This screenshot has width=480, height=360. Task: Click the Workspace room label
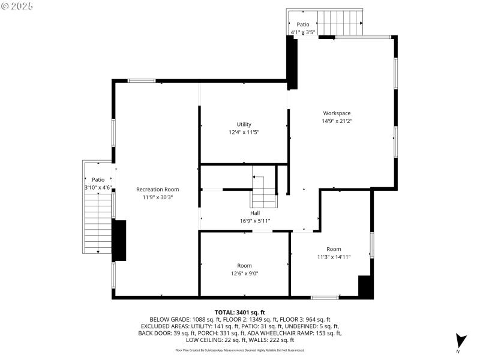point(337,113)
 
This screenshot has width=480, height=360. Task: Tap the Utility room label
point(244,124)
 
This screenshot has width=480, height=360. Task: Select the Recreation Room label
point(157,189)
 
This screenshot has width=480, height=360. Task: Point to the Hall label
point(255,213)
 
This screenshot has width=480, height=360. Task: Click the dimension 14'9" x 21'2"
point(337,121)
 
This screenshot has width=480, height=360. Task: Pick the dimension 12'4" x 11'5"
point(244,132)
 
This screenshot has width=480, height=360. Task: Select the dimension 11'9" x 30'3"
point(157,197)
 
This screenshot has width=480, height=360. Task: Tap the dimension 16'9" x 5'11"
point(255,221)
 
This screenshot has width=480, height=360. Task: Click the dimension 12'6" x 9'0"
point(244,273)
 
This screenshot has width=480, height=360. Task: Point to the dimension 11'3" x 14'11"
point(334,257)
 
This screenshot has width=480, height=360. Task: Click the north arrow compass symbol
point(460,341)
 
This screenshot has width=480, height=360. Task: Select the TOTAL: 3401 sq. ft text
point(239,312)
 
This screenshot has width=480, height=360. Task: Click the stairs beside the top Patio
point(340,23)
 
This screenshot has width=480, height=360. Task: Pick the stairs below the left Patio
point(97,225)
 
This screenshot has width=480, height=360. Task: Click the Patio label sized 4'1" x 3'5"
point(302,25)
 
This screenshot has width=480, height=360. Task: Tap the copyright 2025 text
point(17,5)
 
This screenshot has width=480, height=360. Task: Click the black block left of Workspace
point(292,63)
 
